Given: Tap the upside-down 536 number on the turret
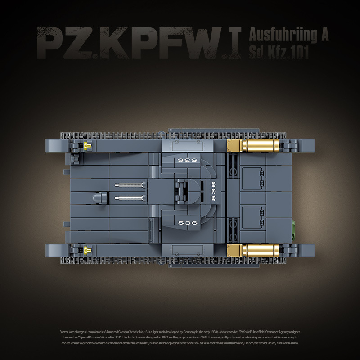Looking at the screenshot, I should (184, 160).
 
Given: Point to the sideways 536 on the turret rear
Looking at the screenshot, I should (213, 191).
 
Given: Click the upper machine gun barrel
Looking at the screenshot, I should (130, 184).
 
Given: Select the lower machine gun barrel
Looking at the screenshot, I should (130, 198).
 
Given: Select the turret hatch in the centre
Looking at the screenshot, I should (184, 191).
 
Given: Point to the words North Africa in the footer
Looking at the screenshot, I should (289, 343).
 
